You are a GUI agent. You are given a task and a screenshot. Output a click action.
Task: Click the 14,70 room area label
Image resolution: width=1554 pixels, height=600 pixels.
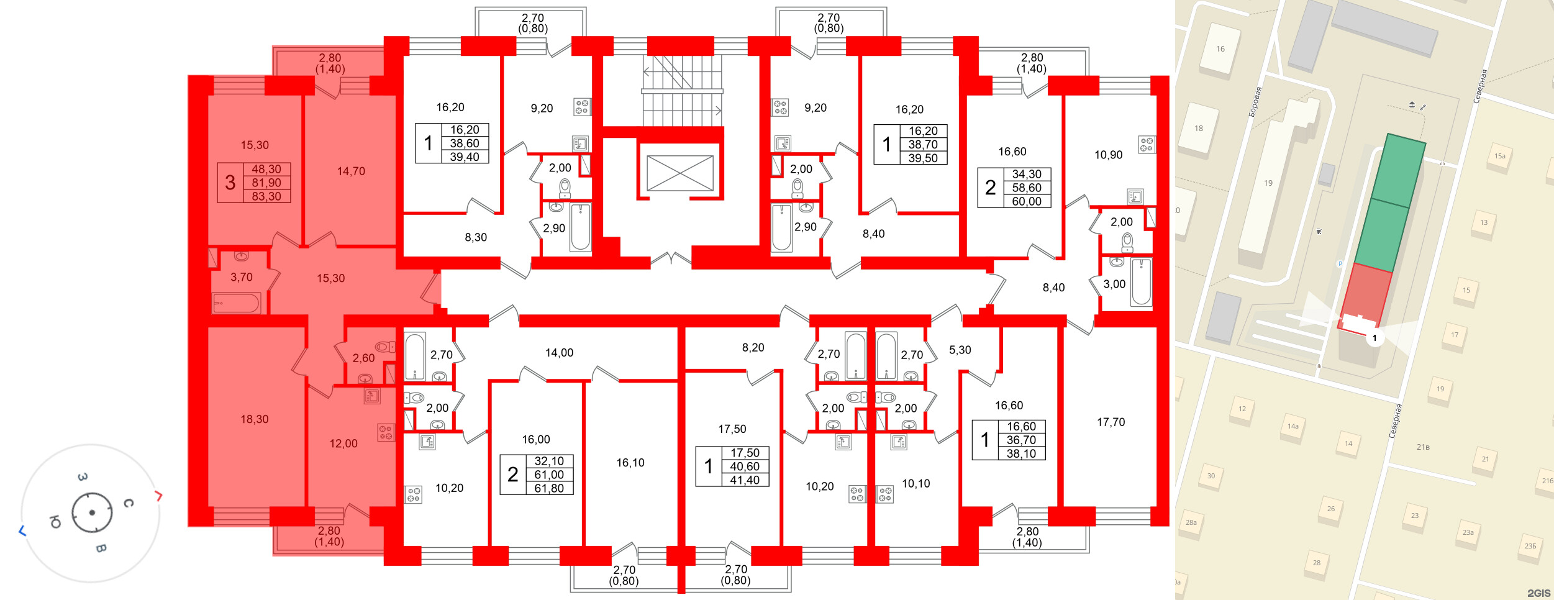click(351, 171)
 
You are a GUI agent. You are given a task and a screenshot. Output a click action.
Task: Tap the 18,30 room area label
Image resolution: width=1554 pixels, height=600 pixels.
click(255, 419)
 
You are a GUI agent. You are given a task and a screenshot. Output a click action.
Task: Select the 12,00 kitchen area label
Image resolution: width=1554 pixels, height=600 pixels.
click(343, 443)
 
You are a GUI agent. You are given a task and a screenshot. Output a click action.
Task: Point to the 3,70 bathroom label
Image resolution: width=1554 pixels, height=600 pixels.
click(242, 277)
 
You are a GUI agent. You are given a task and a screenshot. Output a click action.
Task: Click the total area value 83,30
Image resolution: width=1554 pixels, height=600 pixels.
click(266, 196)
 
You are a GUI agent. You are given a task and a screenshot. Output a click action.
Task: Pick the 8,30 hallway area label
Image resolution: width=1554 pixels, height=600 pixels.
click(476, 237)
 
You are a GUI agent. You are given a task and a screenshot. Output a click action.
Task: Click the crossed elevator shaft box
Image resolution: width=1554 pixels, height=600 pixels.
click(680, 173)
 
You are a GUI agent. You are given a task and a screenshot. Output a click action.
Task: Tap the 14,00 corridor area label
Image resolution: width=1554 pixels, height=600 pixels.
click(559, 353)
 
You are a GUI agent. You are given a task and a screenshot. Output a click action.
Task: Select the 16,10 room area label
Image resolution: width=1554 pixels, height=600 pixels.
click(630, 463)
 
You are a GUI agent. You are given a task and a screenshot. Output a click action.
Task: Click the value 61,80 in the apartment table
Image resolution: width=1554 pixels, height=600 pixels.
click(549, 488)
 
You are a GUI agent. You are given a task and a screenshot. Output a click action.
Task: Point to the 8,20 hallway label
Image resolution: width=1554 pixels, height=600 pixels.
click(753, 348)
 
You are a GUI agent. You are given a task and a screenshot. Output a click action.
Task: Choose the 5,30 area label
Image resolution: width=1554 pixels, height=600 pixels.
click(960, 350)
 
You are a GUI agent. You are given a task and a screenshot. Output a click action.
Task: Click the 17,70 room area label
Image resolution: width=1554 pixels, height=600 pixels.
click(1111, 422)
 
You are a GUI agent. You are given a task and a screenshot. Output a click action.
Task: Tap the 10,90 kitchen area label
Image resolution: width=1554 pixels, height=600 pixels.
click(1108, 155)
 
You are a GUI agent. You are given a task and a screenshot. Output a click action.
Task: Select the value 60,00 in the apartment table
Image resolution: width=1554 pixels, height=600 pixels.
click(1027, 201)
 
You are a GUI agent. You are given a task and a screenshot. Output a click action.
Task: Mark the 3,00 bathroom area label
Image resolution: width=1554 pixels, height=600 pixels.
click(1114, 284)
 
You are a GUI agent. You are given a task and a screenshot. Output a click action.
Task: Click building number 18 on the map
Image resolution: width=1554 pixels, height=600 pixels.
click(1199, 129)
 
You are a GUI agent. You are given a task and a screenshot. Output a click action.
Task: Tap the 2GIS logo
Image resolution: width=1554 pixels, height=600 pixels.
click(1538, 593)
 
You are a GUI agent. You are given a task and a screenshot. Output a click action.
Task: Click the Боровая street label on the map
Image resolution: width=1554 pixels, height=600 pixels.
click(1255, 102)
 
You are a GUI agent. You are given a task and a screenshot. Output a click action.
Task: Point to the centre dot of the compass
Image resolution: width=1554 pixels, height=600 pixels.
click(92, 512)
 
